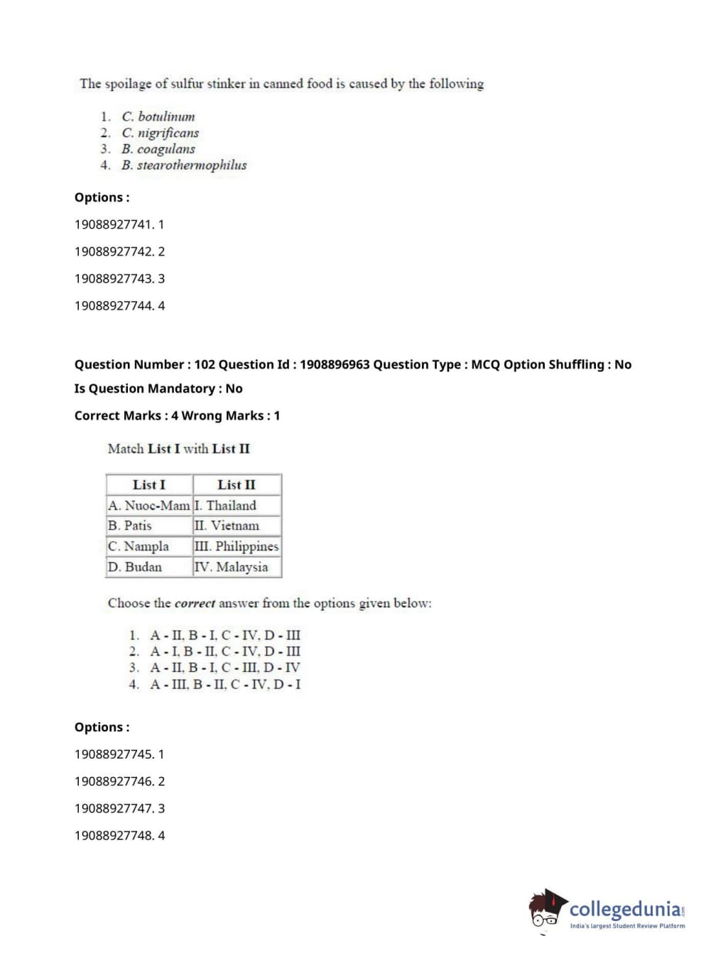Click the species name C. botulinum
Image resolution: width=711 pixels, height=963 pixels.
[158, 116]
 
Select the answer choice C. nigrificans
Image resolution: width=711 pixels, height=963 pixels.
[161, 133]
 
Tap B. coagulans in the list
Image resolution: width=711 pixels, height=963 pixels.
[158, 149]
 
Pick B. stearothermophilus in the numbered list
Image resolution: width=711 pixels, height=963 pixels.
[185, 165]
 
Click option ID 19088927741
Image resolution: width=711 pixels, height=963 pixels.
[114, 224]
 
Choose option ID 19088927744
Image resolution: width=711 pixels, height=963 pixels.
[114, 305]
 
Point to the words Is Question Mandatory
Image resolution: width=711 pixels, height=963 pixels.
[144, 388]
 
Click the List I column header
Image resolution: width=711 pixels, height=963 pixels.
[149, 485]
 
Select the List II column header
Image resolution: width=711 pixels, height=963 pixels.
[237, 485]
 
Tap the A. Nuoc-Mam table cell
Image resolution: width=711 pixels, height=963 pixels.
[149, 506]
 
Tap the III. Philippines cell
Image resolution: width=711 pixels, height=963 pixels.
[237, 546]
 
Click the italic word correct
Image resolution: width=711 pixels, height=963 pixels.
[195, 604]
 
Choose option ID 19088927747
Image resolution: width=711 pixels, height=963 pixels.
[114, 808]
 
